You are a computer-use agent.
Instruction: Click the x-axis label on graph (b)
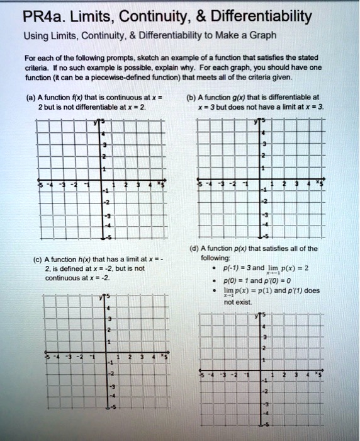320,183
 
